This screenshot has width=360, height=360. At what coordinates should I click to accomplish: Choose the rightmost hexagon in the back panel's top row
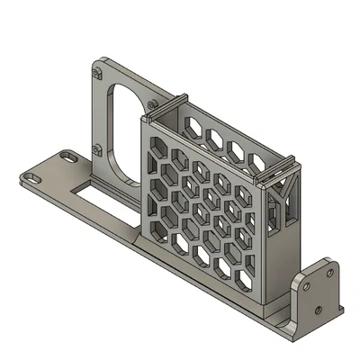click(x=258, y=162)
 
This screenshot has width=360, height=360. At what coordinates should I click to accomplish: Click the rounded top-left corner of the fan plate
click(x=93, y=64)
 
